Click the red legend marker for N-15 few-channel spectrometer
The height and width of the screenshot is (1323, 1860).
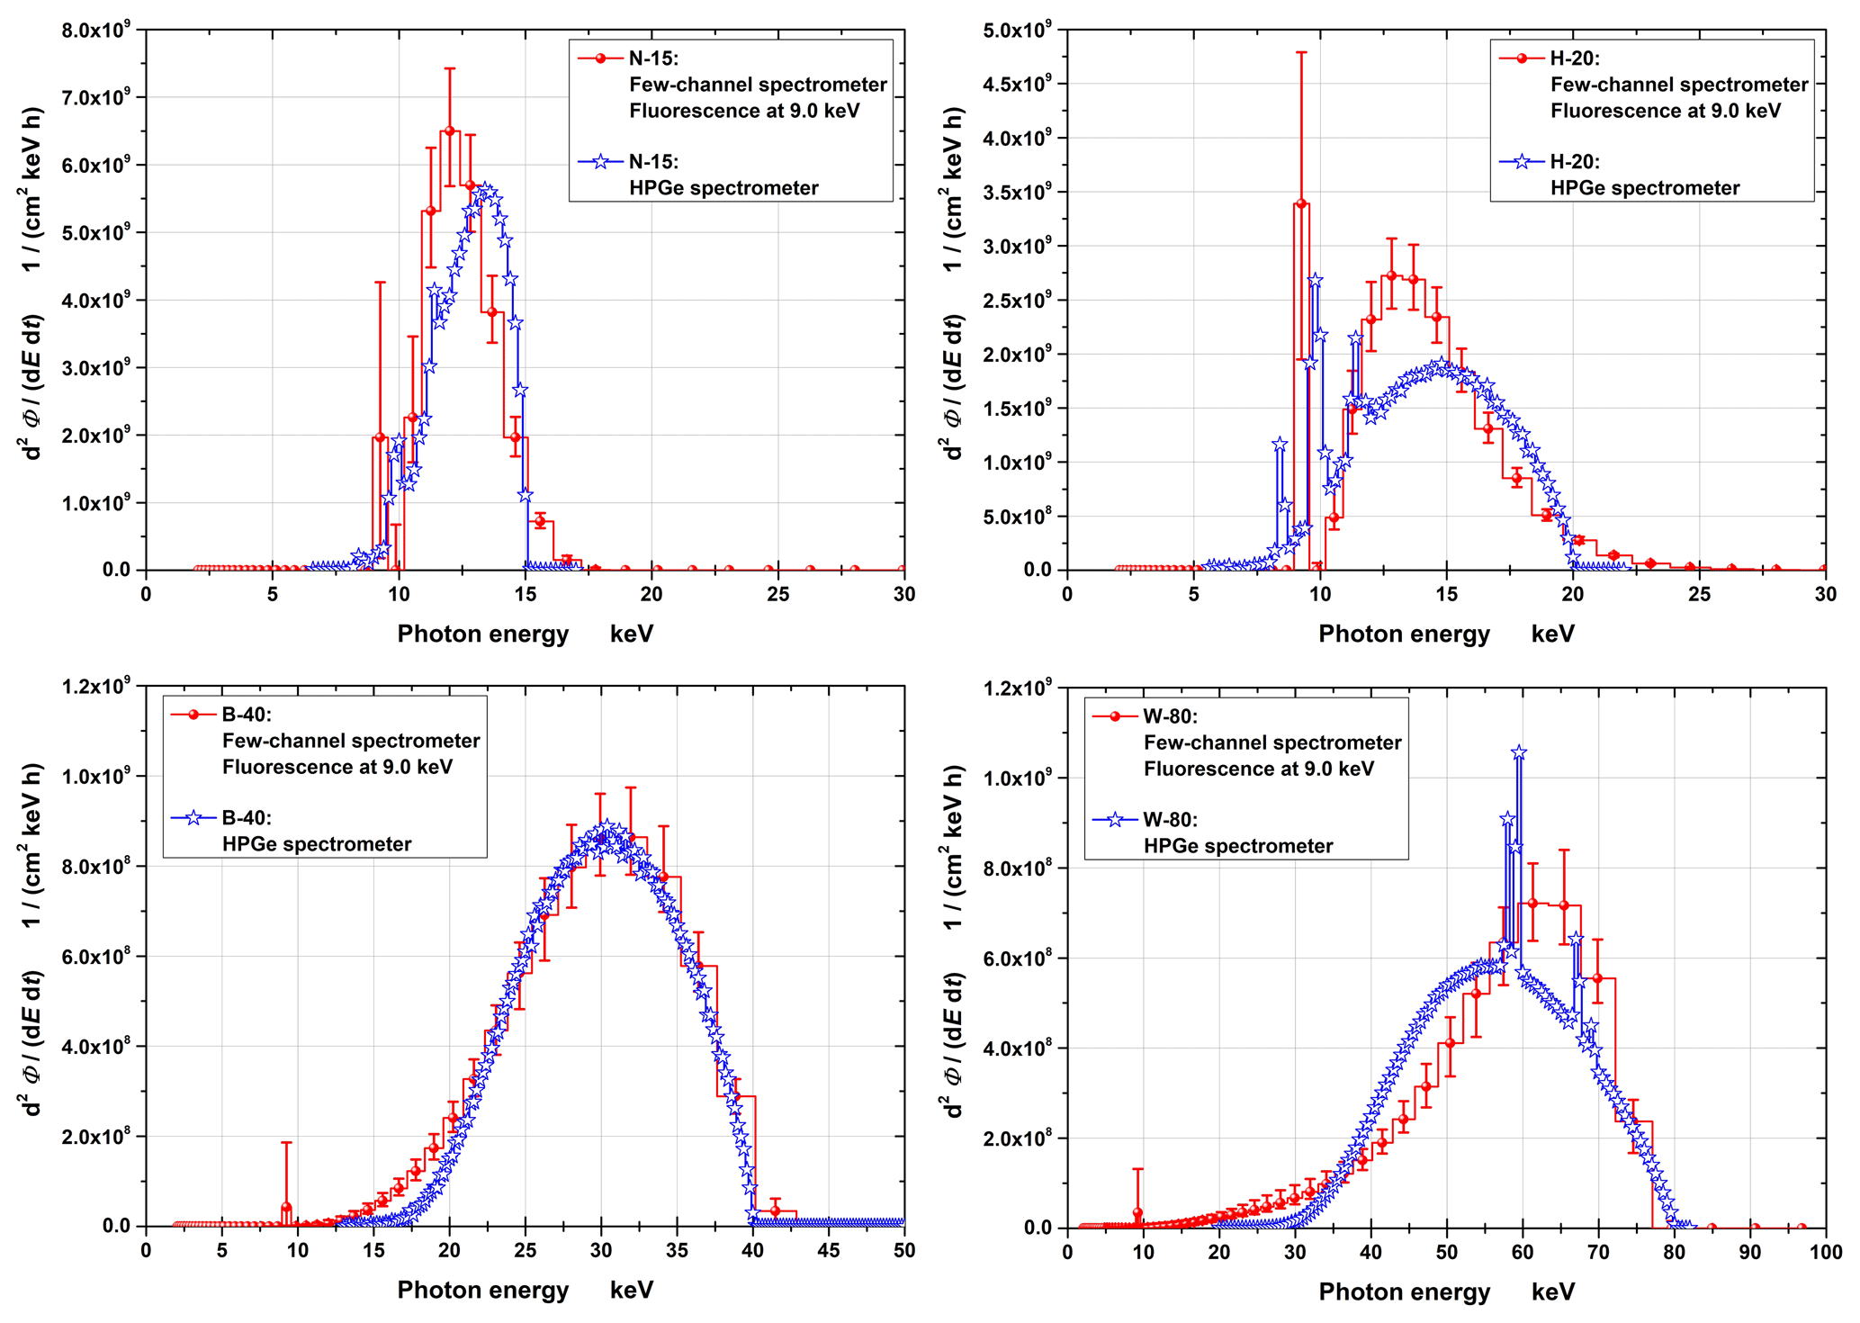tap(600, 58)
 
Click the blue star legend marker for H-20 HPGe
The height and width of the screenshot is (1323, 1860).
tap(1522, 162)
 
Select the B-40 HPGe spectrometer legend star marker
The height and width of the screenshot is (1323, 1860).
tap(193, 818)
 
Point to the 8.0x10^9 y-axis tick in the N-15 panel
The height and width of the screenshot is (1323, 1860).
tap(95, 31)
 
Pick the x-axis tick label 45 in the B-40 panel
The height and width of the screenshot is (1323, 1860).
tap(829, 1250)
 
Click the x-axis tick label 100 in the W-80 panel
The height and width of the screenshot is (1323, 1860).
tap(1825, 1252)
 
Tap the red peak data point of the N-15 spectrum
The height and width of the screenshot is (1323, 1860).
tap(450, 131)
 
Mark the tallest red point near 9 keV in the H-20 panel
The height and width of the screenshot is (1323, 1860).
tap(1300, 204)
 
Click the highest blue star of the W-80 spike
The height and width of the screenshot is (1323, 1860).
tap(1519, 752)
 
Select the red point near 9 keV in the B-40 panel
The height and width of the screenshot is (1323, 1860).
tap(286, 1207)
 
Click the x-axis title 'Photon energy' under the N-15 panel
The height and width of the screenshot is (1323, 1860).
tap(483, 634)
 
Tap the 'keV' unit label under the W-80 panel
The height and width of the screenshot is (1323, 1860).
tap(1553, 1292)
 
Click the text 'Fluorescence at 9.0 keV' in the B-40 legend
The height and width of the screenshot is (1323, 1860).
tap(337, 768)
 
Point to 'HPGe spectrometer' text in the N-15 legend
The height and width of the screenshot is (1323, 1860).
tap(723, 188)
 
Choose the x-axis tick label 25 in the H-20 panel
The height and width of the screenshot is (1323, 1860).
tap(1699, 594)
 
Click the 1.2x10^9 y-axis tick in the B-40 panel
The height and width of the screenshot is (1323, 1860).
tap(95, 687)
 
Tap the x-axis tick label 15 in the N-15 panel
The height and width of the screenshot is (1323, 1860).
tap(526, 594)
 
